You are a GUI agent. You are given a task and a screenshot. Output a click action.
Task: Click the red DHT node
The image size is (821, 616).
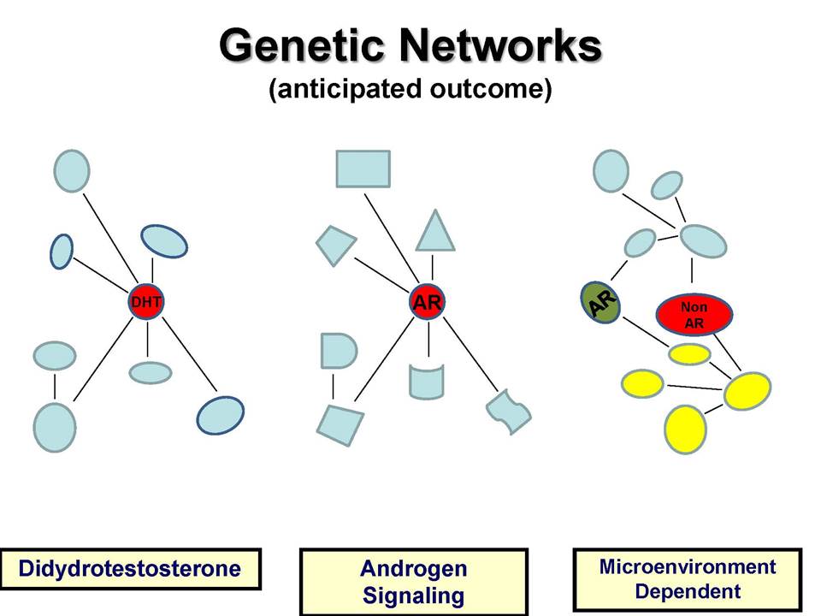pyautogui.click(x=146, y=302)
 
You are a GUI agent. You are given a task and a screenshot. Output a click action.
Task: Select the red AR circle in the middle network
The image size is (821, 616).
pyautogui.click(x=428, y=302)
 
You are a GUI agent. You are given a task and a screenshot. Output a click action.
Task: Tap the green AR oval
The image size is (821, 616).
pyautogui.click(x=600, y=302)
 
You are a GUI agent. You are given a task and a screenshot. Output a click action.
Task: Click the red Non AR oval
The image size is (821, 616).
pyautogui.click(x=694, y=314)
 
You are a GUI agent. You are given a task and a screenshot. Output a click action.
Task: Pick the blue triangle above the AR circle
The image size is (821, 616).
pyautogui.click(x=434, y=232)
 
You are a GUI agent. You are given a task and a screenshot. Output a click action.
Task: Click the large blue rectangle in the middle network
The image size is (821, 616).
pyautogui.click(x=363, y=169)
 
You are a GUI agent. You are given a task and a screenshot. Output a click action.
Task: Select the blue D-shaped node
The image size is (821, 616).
pyautogui.click(x=338, y=351)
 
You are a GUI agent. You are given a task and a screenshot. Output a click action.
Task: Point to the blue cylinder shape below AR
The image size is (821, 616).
pyautogui.click(x=427, y=382)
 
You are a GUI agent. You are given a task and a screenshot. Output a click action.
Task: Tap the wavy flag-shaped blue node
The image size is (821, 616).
pyautogui.click(x=508, y=412)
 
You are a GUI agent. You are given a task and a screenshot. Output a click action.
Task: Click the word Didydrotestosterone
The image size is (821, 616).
pyautogui.click(x=130, y=568)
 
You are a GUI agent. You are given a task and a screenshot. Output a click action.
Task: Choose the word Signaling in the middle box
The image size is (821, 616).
pyautogui.click(x=414, y=595)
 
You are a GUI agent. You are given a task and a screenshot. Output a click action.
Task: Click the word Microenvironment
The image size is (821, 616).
pyautogui.click(x=688, y=566)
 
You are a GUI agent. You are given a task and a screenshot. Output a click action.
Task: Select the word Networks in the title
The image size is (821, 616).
pyautogui.click(x=501, y=45)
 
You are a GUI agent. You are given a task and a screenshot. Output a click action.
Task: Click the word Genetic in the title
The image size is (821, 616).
pyautogui.click(x=306, y=45)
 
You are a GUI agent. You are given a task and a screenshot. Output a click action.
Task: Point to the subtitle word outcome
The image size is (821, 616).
pyautogui.click(x=490, y=88)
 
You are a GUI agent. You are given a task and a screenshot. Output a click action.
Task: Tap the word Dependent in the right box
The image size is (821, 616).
pyautogui.click(x=688, y=591)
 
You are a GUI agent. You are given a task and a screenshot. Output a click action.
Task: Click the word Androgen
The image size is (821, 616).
pyautogui.click(x=414, y=569)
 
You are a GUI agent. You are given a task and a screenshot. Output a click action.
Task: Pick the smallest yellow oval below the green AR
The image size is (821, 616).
pyautogui.click(x=689, y=354)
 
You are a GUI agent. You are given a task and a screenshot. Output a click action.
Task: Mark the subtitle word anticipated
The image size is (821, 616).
pyautogui.click(x=346, y=88)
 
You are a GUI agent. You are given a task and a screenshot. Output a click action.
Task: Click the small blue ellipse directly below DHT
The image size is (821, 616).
pyautogui.click(x=151, y=373)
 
